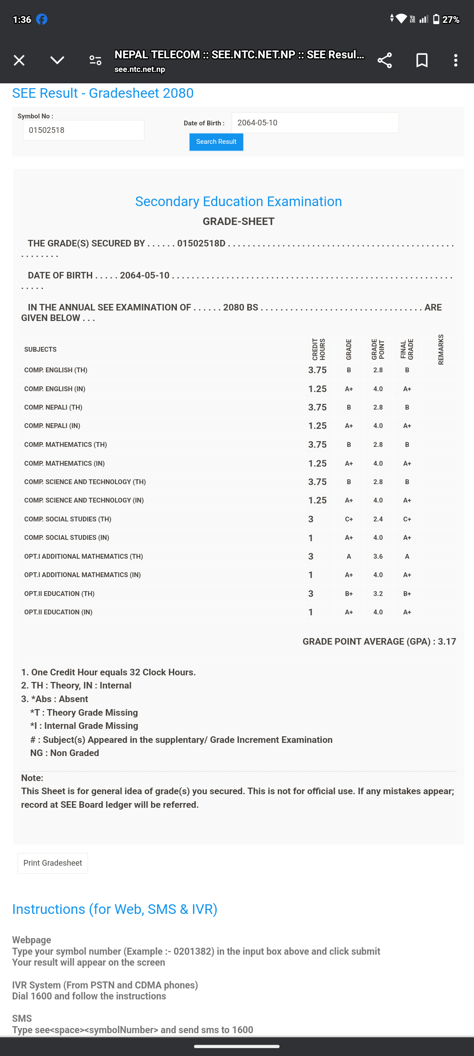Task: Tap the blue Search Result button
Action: coord(216,142)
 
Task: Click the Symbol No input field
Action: coord(83,130)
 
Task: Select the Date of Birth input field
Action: coord(315,123)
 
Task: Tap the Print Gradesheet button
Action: coord(53,863)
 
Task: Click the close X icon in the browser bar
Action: coord(19,60)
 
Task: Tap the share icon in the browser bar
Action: coord(384,60)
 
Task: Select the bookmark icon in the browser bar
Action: coord(422,60)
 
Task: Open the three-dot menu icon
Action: coord(456,60)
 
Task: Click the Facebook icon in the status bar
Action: coord(42,19)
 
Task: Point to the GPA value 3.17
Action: coord(447,642)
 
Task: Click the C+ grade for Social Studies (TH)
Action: coord(349,519)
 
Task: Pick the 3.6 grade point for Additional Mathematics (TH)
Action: coord(378,557)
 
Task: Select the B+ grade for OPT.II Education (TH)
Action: coord(349,594)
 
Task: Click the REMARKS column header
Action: coord(441,350)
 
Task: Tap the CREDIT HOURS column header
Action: coord(319,350)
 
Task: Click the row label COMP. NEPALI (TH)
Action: coord(53,407)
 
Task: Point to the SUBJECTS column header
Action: coord(40,350)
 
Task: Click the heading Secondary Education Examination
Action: coord(238,201)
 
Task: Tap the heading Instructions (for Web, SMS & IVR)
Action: coord(115,909)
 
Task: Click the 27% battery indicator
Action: coord(446,19)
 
